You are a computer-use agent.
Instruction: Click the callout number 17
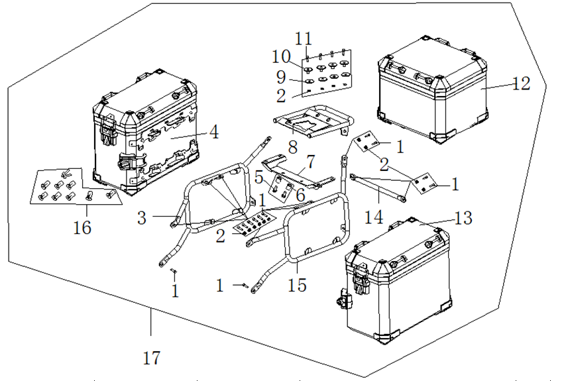tap(152, 358)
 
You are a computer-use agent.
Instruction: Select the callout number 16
tap(82, 227)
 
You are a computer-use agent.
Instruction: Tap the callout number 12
tap(521, 83)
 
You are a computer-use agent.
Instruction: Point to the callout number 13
tap(464, 218)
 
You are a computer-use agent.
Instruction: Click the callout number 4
tap(213, 132)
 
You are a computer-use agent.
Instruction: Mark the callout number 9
tap(282, 77)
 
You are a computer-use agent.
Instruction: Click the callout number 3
tap(142, 217)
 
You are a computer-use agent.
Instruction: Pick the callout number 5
tap(260, 177)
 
